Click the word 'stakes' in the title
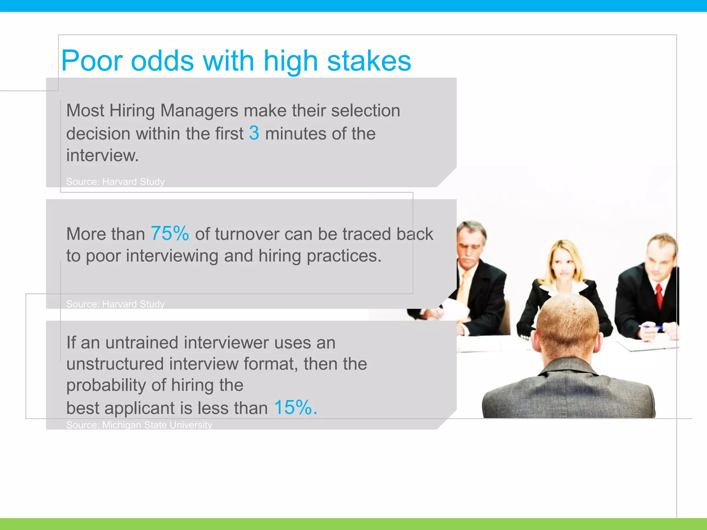tap(369, 61)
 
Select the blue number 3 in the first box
tap(254, 133)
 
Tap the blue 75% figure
tap(170, 233)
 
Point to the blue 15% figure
tap(295, 408)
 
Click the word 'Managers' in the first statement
tap(199, 111)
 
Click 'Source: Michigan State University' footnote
tap(139, 425)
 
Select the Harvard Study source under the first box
tap(115, 181)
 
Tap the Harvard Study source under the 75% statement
tap(115, 304)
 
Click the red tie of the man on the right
tap(659, 295)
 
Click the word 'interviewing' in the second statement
tap(172, 256)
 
